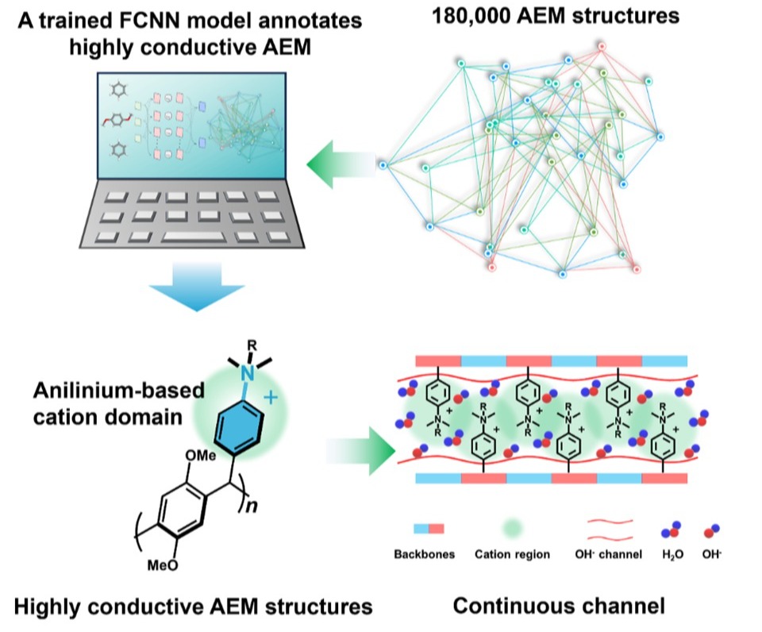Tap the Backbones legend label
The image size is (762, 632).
pos(425,554)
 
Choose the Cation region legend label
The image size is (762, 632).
pos(512,554)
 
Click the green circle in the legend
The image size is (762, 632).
pos(513,529)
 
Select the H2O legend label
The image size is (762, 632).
pos(670,554)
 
